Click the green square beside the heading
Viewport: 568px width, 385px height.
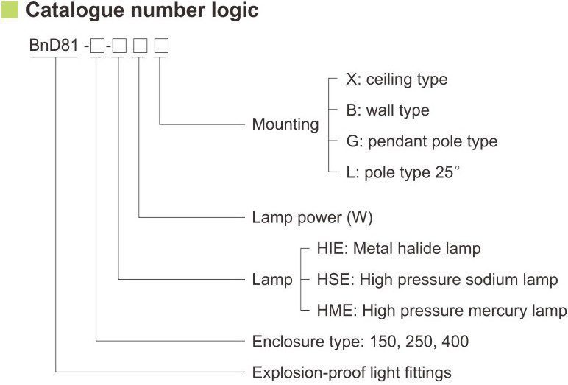[10, 11]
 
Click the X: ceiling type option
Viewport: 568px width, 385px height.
[396, 79]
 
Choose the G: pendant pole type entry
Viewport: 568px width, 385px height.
[422, 141]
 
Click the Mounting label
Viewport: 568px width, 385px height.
[285, 124]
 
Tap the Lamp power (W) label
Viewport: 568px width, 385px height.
[313, 218]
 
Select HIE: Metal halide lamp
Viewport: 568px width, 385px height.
[399, 249]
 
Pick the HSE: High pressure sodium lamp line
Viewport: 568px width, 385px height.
[437, 280]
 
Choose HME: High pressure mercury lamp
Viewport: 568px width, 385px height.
[441, 311]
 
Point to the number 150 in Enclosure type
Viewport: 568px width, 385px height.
[383, 342]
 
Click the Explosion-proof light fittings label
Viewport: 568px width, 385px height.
[352, 372]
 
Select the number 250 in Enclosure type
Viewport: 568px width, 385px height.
[418, 342]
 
